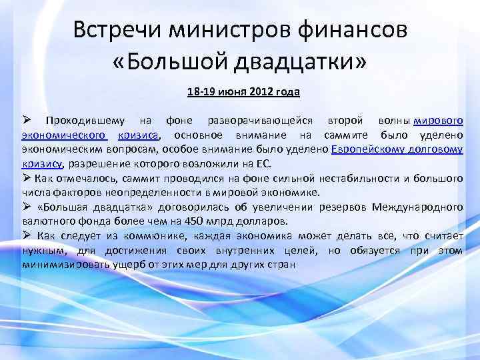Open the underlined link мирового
439,121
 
